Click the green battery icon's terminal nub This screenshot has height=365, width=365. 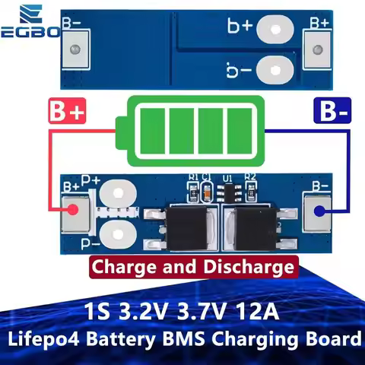pos(121,125)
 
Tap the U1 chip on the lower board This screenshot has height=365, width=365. pos(227,192)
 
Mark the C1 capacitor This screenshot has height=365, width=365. pos(205,192)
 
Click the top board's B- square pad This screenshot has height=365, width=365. pos(75,49)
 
